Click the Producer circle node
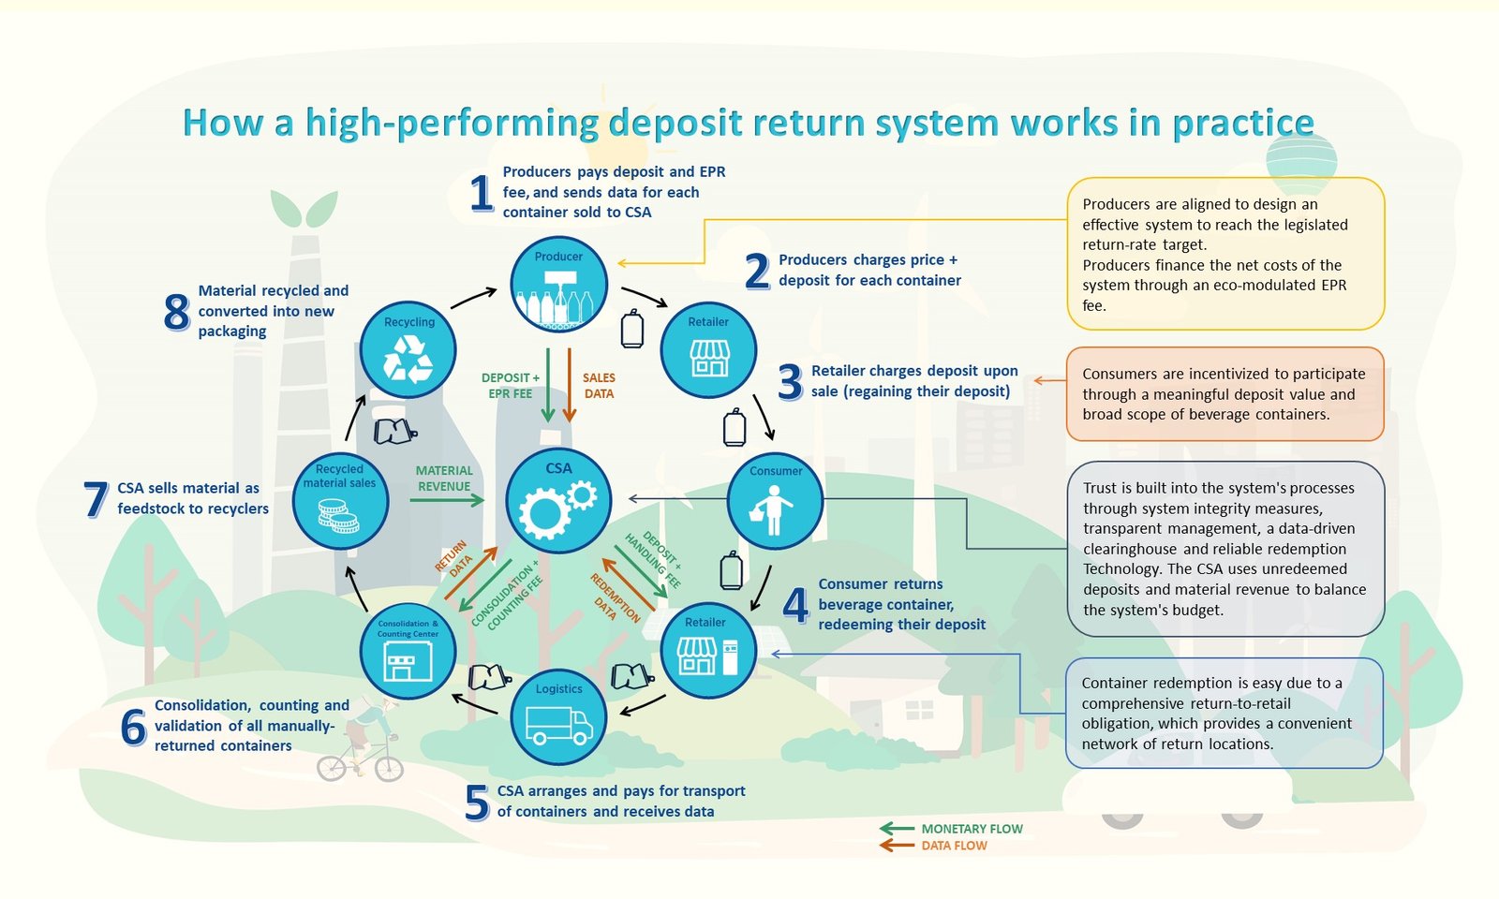[558, 285]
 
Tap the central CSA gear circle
[558, 500]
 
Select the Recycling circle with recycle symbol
[408, 350]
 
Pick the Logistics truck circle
[558, 717]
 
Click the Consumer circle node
[775, 500]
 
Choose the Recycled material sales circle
[341, 500]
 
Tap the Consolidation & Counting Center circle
[408, 651]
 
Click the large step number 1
[482, 193]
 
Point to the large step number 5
[477, 803]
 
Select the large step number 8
[177, 312]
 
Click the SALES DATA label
[599, 386]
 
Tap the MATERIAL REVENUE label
[444, 479]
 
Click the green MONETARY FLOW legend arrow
[897, 829]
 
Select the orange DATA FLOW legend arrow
[897, 846]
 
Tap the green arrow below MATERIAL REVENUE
[447, 500]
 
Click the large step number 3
[791, 382]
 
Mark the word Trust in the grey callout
[1100, 488]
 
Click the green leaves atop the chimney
[304, 208]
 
